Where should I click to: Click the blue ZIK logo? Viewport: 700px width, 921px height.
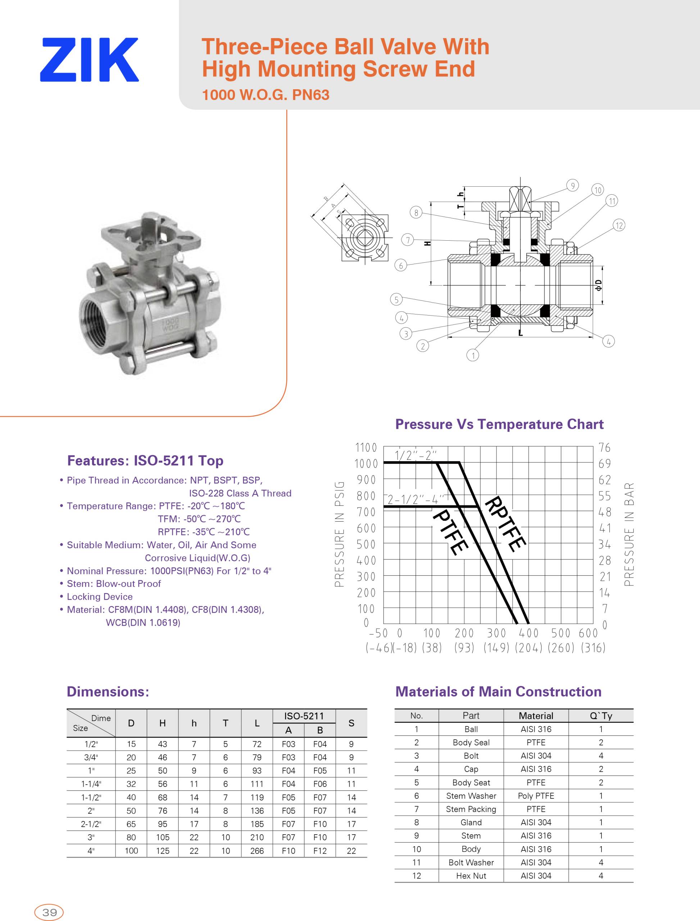coord(89,60)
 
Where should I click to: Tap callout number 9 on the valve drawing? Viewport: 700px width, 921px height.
coord(573,185)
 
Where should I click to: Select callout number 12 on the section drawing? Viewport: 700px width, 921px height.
coord(619,226)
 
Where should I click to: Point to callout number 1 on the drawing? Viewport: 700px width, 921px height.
coord(473,355)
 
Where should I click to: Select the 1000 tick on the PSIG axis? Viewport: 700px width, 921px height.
coord(366,463)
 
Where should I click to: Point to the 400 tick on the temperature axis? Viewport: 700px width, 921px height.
coord(528,634)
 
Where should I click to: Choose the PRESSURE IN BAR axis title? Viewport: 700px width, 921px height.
coord(629,534)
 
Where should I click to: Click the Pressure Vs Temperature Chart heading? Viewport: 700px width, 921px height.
coord(499,424)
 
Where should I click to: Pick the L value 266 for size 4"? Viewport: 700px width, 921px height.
coord(257,850)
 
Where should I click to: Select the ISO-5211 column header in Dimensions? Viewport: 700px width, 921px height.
coord(304,716)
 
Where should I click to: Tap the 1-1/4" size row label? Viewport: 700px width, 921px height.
coord(91,784)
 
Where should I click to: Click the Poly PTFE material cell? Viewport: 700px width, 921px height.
coord(536,795)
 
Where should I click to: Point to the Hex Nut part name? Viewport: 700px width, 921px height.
coord(471,876)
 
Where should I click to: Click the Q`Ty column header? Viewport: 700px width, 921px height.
coord(601,716)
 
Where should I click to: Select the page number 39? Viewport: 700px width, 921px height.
coord(49,912)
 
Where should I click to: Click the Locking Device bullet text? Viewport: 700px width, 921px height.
coord(100,596)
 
